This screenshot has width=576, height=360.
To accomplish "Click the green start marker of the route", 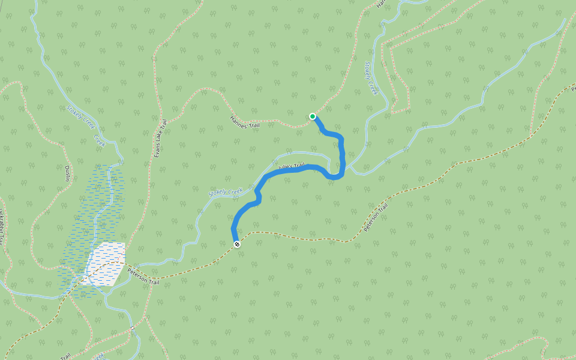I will click(313, 116).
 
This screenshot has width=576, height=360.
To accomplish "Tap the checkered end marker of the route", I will click(238, 244).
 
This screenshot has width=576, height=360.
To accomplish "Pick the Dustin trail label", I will click(68, 174).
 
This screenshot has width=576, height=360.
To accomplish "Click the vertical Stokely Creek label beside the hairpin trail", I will click(371, 78).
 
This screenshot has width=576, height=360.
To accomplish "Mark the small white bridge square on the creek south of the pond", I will click(131, 328).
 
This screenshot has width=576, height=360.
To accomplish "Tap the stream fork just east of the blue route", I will click(350, 169).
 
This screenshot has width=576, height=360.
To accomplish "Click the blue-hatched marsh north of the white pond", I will click(99, 204).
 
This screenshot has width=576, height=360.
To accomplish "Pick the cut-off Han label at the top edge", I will click(380, 3).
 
